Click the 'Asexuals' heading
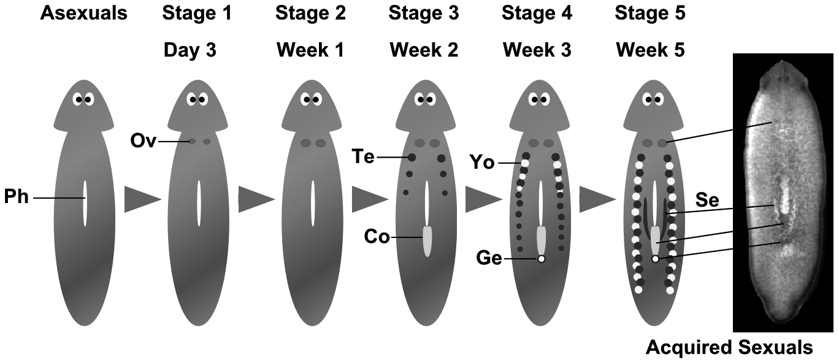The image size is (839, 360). click(x=83, y=13)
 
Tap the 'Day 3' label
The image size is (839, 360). click(x=190, y=50)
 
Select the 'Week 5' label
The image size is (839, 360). click(x=650, y=50)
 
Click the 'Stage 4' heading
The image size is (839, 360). click(x=537, y=13)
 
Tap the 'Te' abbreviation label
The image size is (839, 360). click(x=364, y=158)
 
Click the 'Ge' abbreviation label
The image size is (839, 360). click(x=489, y=259)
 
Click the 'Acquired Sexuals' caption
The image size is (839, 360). click(x=729, y=348)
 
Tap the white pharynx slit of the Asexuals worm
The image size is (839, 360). click(x=85, y=202)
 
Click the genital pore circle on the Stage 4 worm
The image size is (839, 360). click(x=541, y=259)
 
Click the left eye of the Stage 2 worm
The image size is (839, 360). click(x=305, y=99)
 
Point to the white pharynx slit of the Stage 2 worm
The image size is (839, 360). click(x=313, y=202)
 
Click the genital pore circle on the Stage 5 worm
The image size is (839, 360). click(x=655, y=259)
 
